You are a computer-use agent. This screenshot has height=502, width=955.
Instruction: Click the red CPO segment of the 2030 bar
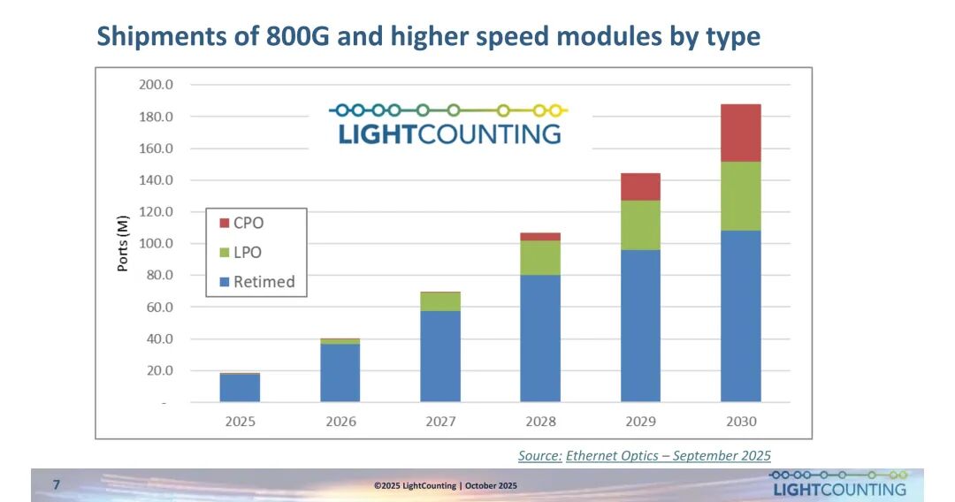tap(740, 133)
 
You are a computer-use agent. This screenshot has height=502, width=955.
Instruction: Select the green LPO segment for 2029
tap(640, 224)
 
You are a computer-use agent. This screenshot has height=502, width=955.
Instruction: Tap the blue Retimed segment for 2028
tap(540, 338)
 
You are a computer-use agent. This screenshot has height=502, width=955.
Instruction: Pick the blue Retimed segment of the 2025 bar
tap(240, 388)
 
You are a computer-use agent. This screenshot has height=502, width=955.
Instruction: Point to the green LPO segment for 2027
tap(440, 301)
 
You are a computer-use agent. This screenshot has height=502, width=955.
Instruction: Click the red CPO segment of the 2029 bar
tap(640, 186)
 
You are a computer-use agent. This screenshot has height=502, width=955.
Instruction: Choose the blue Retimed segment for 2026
tap(340, 372)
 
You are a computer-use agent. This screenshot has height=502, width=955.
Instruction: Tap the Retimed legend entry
tap(256, 282)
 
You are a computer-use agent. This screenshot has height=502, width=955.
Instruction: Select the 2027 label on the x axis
tap(440, 421)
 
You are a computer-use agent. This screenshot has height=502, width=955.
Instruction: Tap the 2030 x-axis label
tap(740, 421)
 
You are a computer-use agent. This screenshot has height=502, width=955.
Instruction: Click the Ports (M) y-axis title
tap(124, 243)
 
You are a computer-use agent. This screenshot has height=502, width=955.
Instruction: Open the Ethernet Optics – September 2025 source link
tap(668, 455)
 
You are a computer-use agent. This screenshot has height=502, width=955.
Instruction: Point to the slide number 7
tap(57, 484)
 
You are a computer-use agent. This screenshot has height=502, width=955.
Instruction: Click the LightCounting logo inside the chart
tap(449, 124)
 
